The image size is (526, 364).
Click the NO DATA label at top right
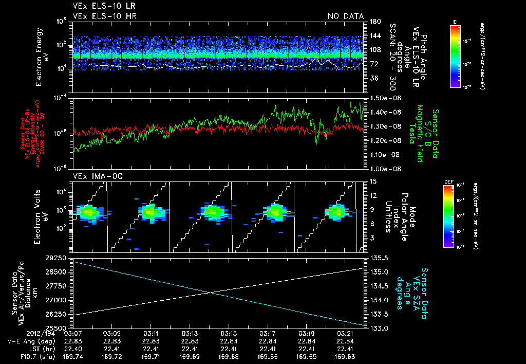(345, 16)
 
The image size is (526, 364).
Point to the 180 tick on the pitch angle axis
(373, 21)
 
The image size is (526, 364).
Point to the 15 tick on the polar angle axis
(373, 181)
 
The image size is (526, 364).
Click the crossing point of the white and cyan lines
(211, 293)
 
